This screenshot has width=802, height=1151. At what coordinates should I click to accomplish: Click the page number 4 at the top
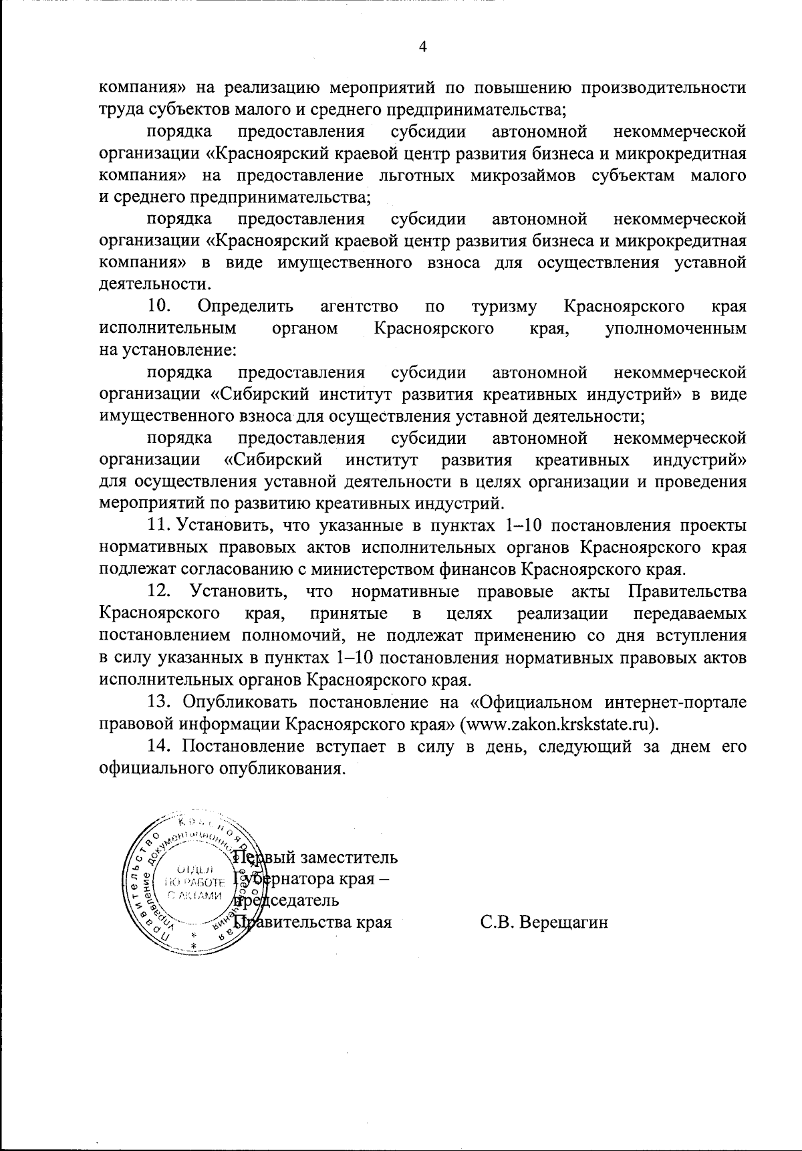click(x=422, y=46)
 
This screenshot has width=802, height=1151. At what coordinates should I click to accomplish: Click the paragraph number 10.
click(x=159, y=306)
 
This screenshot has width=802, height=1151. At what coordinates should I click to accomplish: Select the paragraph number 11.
click(x=159, y=525)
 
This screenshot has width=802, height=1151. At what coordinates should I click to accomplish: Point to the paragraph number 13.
click(x=160, y=702)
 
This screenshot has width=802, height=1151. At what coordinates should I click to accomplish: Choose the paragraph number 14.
click(x=160, y=746)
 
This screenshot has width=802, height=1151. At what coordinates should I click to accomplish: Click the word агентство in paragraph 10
click(x=360, y=306)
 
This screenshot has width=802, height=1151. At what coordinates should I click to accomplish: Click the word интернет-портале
click(x=676, y=702)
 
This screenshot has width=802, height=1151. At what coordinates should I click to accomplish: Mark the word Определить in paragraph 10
click(x=246, y=306)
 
